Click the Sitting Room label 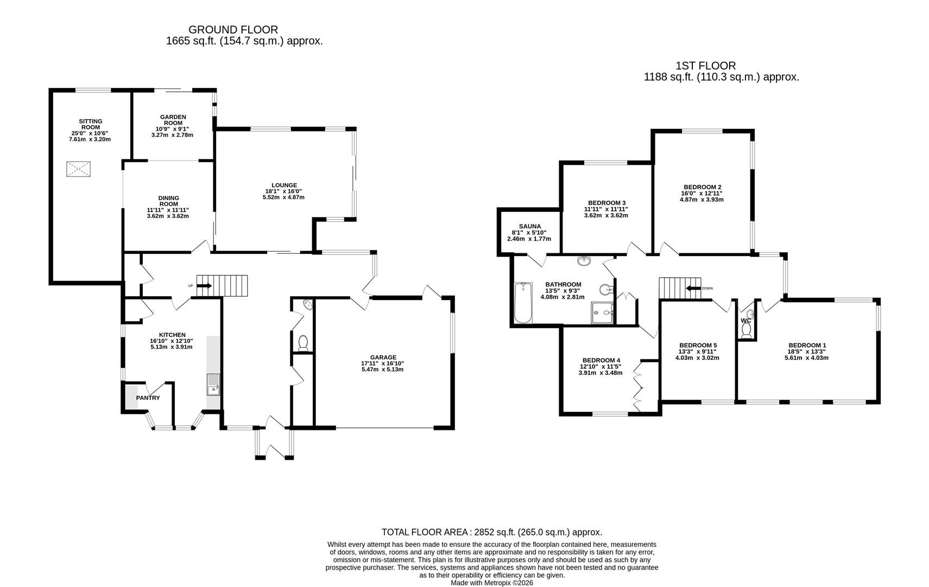click(90, 124)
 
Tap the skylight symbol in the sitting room click(78, 169)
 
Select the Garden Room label click(173, 120)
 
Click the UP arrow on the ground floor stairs click(204, 285)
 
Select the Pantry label click(148, 398)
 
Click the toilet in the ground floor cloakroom click(303, 342)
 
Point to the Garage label click(383, 357)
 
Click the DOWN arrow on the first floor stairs click(693, 288)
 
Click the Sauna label click(529, 227)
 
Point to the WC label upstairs click(745, 321)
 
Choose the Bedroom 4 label click(601, 360)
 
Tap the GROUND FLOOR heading click(233, 29)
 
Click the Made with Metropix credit click(491, 583)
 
